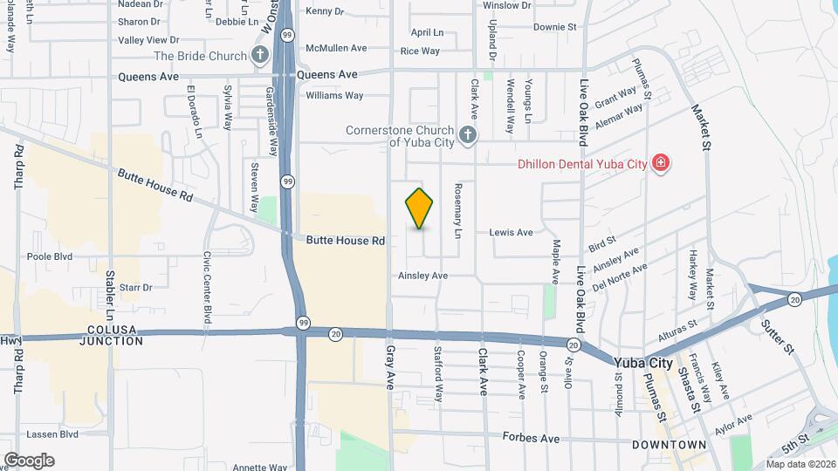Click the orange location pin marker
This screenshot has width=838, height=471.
(x=420, y=208)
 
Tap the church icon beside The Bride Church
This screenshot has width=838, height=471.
(x=259, y=56)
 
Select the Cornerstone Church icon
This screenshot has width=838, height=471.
(x=468, y=134)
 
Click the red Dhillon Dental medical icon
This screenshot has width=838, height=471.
(x=661, y=163)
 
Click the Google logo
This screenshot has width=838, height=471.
(x=29, y=460)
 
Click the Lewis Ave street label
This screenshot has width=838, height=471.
(x=512, y=233)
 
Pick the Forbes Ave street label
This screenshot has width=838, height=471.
(x=531, y=439)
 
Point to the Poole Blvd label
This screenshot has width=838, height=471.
(x=50, y=257)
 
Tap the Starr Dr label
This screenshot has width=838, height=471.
(x=135, y=287)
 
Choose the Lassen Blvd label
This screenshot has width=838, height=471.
(x=52, y=433)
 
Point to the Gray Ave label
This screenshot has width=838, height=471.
(x=391, y=366)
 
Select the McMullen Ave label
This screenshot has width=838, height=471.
(x=336, y=48)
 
